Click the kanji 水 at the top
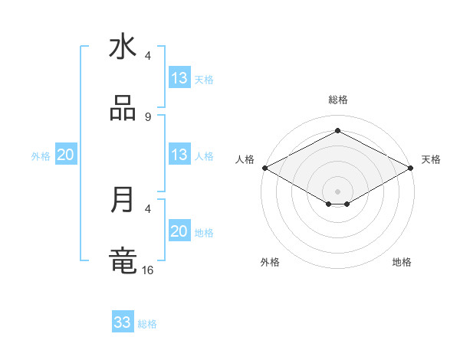click(123, 47)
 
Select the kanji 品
click(123, 108)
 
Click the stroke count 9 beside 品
click(147, 117)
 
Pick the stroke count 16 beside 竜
click(148, 270)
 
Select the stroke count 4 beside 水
click(147, 57)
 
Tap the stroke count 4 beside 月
click(147, 208)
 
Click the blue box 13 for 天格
click(179, 78)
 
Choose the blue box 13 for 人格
click(179, 155)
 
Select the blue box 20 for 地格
click(179, 231)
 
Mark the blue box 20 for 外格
click(65, 155)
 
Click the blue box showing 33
click(123, 322)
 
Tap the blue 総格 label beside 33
click(147, 324)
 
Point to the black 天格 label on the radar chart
click(431, 159)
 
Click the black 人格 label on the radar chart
click(245, 159)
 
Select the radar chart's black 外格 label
click(270, 262)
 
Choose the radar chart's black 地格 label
click(402, 262)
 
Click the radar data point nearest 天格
click(411, 168)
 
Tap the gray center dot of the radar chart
click(337, 191)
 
